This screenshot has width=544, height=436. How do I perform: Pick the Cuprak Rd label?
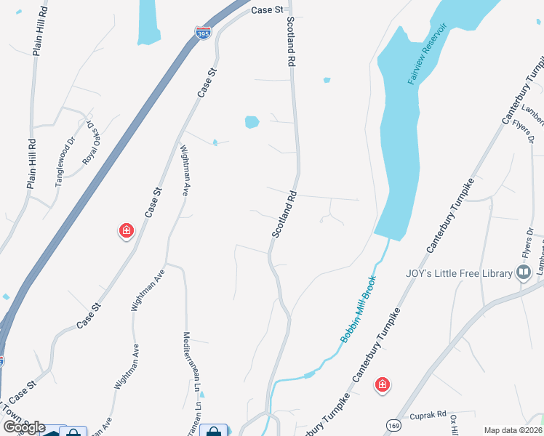426,415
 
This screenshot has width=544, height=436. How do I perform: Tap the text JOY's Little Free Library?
459,273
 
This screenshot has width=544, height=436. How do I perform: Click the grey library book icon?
524,272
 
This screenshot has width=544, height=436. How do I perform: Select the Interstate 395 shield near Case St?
203,33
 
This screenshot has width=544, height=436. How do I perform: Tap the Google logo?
23,427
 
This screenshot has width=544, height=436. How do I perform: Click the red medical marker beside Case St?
127,231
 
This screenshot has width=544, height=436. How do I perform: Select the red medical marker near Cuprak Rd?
381,384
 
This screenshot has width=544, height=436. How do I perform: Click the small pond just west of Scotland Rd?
252,121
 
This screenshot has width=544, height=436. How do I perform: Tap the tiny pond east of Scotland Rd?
327,80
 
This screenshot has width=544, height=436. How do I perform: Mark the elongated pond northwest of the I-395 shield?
148,20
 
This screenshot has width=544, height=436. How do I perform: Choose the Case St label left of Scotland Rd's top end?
267,10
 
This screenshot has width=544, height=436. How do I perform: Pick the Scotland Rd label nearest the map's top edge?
293,41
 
